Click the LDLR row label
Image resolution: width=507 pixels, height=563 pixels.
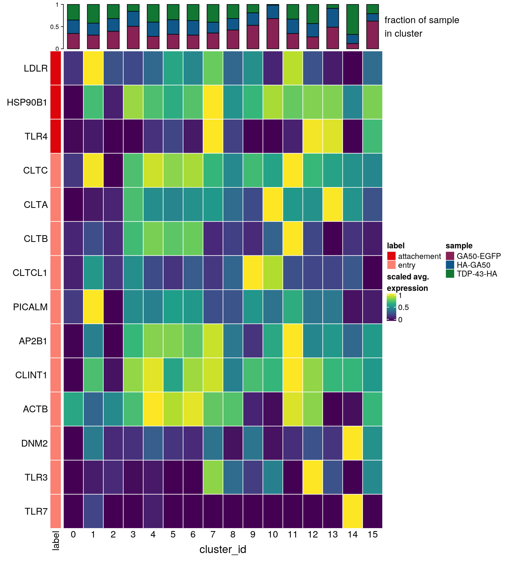point(36,68)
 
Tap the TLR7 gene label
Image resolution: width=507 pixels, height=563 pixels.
point(36,511)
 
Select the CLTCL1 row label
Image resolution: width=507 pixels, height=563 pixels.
point(30,273)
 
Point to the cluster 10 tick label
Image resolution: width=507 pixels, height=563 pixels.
point(273,535)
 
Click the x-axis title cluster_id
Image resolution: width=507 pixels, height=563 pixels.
point(223,549)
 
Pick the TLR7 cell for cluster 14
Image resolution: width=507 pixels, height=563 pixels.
point(353,511)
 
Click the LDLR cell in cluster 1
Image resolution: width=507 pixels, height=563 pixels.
point(93,68)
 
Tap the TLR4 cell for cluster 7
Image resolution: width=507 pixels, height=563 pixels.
point(213,136)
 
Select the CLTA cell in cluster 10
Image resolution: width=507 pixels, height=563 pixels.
point(273,204)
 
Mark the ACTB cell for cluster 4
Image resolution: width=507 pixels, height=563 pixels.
point(153,409)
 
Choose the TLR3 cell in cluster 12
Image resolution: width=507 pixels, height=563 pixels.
point(313,477)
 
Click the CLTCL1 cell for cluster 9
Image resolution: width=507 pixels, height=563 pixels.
point(253,273)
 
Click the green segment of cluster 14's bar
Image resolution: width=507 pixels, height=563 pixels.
point(353,19)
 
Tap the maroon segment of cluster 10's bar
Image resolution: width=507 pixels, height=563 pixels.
point(273,33)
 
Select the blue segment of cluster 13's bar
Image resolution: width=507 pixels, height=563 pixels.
point(333,18)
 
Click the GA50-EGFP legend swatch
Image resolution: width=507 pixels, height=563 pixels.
point(450,256)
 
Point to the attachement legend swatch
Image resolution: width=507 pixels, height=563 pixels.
point(391,256)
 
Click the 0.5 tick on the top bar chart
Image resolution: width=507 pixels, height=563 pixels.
point(55,27)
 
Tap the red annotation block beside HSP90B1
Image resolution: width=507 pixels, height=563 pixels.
point(56,102)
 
